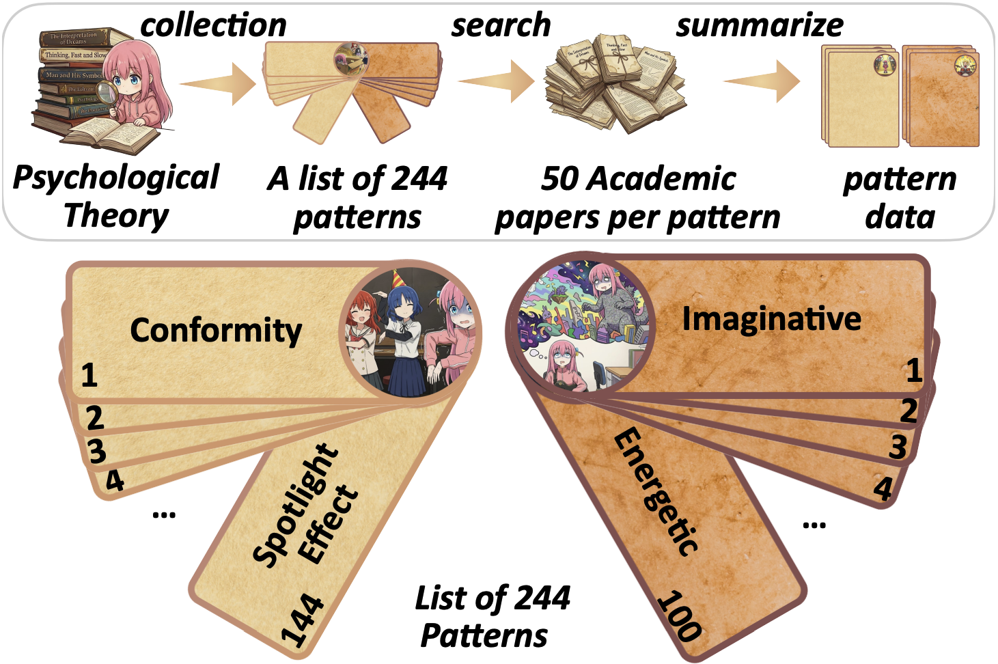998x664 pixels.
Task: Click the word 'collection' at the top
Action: tap(213, 25)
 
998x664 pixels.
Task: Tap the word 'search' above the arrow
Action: tap(501, 25)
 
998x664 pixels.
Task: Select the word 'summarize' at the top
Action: tap(760, 25)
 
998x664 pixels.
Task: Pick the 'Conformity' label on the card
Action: tap(216, 331)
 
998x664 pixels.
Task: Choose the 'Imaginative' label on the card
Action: tap(771, 318)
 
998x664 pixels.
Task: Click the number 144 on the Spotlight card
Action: tap(303, 620)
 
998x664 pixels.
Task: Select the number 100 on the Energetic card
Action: tap(679, 615)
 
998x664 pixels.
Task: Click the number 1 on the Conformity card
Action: tap(89, 375)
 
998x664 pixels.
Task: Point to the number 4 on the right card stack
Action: tap(883, 488)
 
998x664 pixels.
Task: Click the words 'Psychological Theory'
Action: tap(116, 196)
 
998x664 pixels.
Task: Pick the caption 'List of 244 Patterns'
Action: tap(492, 616)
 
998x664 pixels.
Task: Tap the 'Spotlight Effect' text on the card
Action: tap(305, 506)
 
